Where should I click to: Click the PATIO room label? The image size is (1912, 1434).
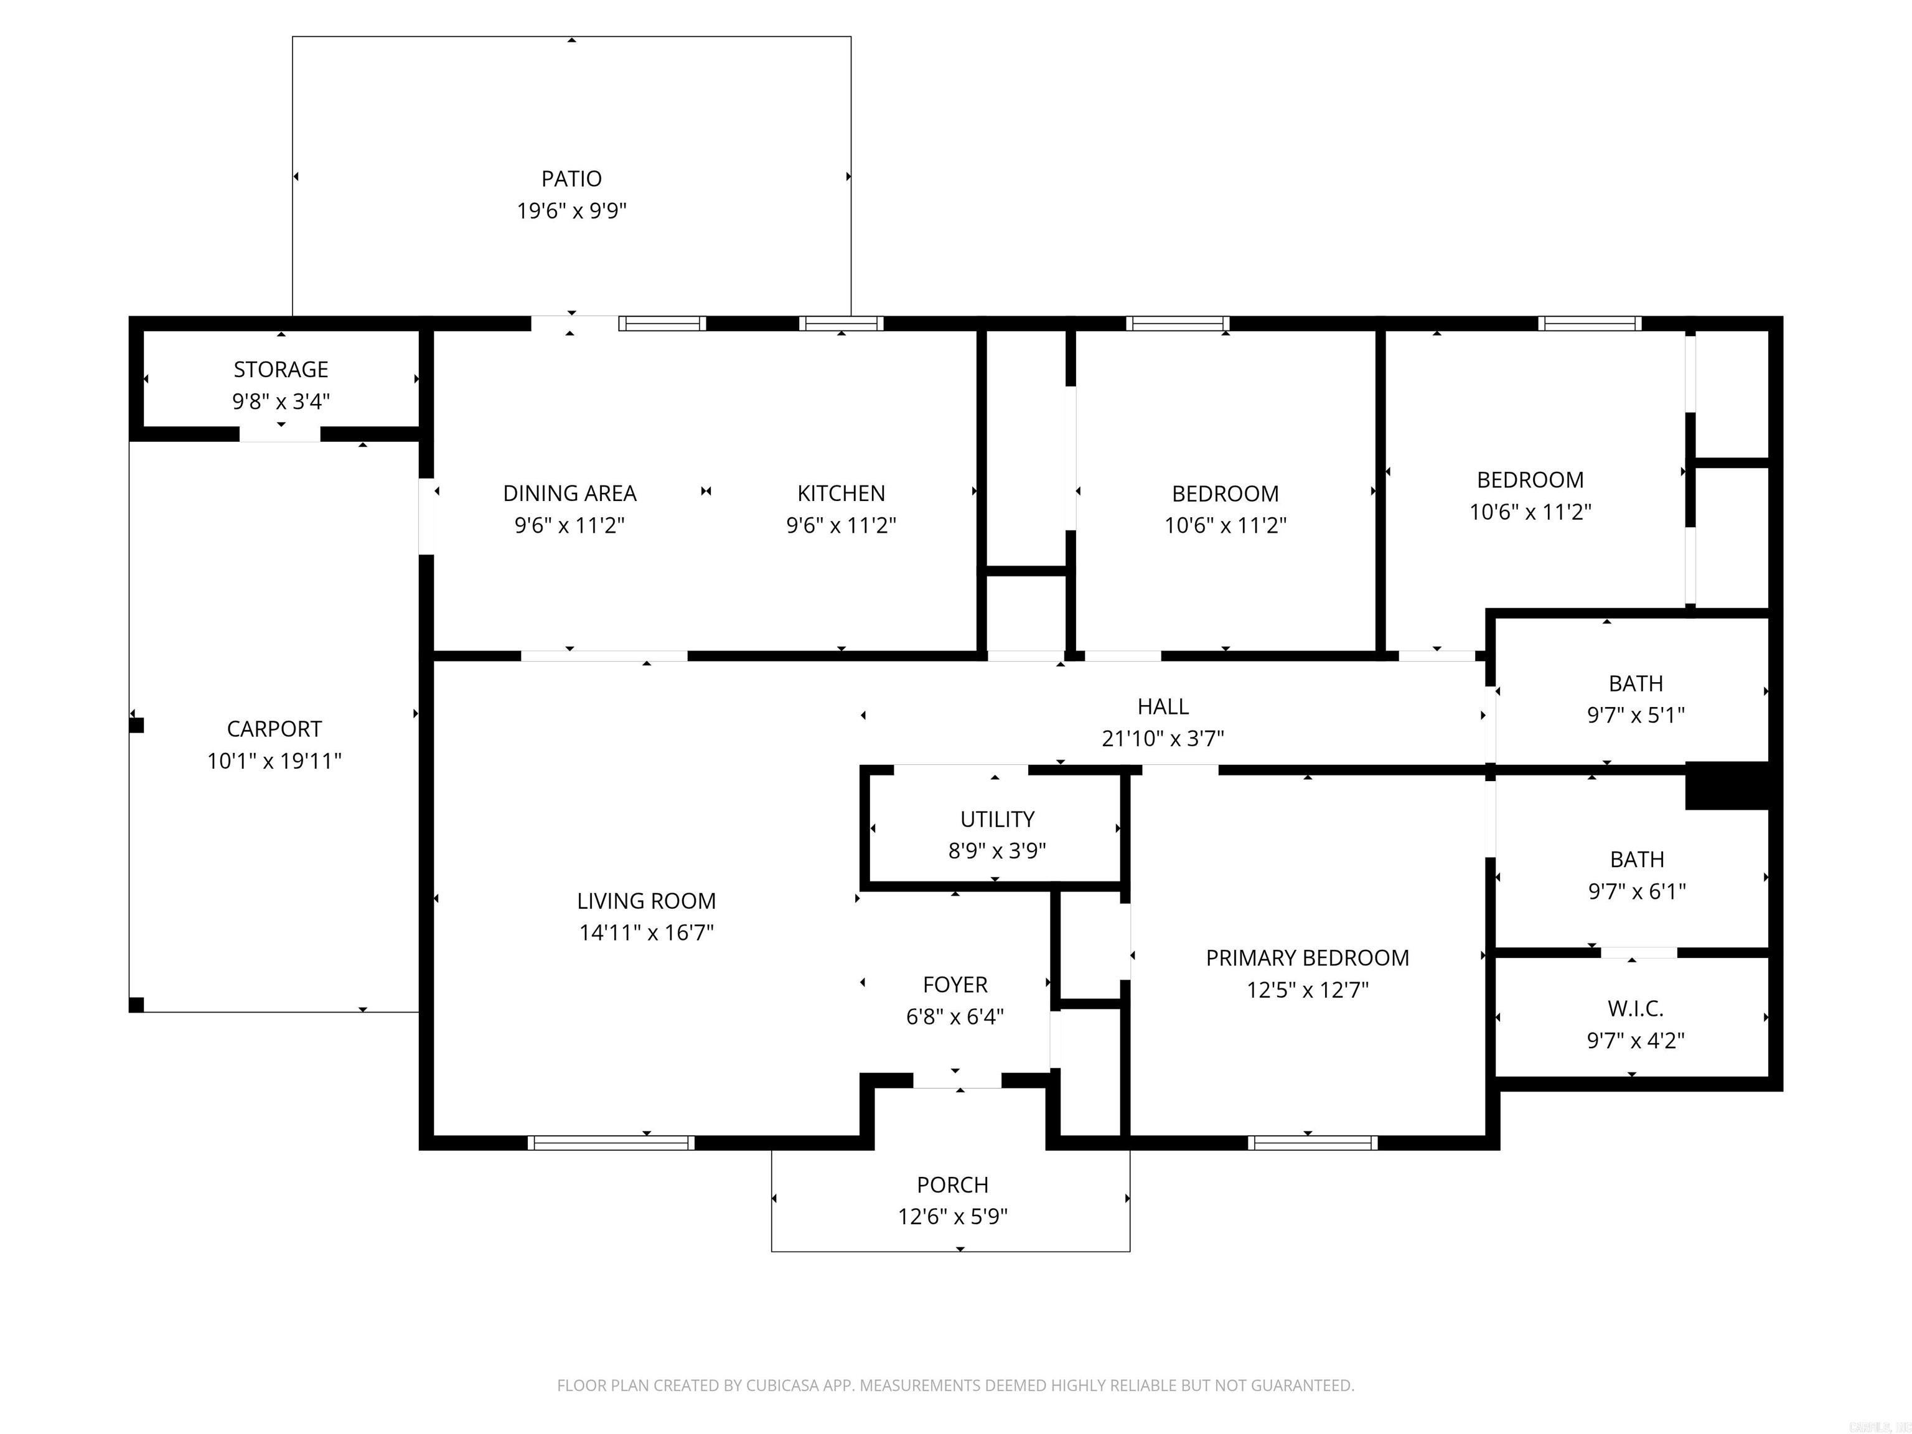click(571, 179)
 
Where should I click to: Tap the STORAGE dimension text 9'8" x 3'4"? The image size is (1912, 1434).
click(281, 401)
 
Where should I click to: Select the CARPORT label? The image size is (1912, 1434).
click(274, 729)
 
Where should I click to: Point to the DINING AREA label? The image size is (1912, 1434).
click(569, 493)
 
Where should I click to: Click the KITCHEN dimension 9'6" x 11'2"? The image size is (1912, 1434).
click(840, 525)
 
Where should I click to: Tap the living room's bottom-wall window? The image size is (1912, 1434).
click(611, 1143)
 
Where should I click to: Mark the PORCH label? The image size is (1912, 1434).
click(952, 1184)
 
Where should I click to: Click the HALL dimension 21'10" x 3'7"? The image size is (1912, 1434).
click(1163, 738)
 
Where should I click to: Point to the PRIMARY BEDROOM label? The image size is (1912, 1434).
click(1307, 958)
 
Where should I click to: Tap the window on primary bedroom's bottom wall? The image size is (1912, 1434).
click(1312, 1143)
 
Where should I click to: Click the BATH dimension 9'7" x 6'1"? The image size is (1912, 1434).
click(1636, 891)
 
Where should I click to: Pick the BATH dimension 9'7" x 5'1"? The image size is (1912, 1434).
click(1636, 715)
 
